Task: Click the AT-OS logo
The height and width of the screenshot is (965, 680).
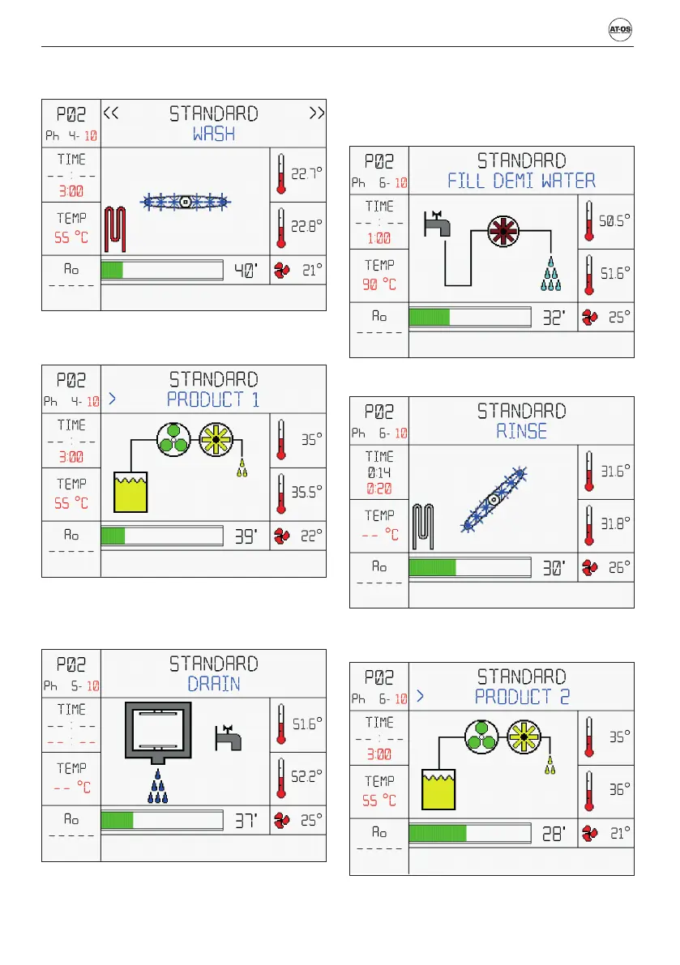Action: [x=620, y=30]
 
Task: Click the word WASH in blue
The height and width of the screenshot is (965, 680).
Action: [x=214, y=134]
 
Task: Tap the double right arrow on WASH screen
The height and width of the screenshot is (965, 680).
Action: [x=317, y=113]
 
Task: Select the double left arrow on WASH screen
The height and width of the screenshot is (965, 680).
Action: [x=112, y=113]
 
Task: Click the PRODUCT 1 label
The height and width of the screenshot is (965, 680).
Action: [x=213, y=399]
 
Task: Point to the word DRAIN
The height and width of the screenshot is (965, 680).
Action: [x=214, y=683]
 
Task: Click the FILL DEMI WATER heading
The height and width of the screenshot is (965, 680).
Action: [x=521, y=180]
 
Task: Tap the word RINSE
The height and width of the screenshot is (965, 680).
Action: [x=521, y=431]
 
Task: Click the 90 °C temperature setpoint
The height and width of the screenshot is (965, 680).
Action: [x=379, y=285]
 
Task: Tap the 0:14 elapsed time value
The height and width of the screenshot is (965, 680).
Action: [x=379, y=472]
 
